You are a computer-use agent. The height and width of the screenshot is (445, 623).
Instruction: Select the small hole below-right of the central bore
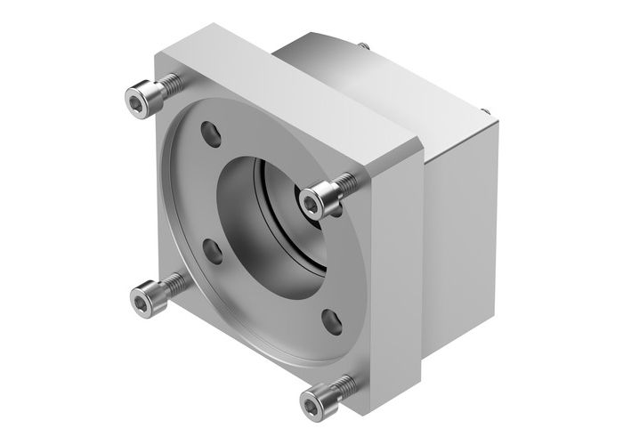point(331,318)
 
